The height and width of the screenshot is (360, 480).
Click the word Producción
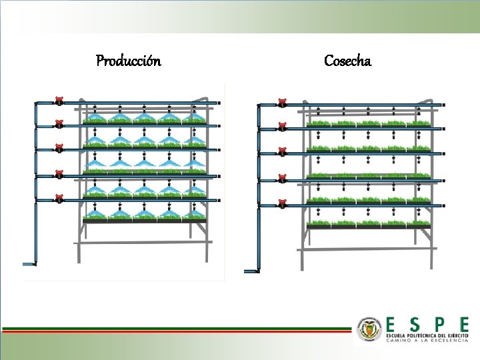click(128, 61)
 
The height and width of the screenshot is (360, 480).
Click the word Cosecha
click(347, 61)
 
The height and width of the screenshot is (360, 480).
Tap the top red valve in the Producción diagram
click(59, 101)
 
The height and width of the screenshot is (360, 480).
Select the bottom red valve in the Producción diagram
click(59, 198)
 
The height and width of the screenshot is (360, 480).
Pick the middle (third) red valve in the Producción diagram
click(59, 149)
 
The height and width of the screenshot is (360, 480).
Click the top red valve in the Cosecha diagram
click(282, 103)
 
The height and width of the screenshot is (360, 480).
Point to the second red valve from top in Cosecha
click(282, 127)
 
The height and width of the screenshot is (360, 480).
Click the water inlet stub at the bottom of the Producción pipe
click(29, 264)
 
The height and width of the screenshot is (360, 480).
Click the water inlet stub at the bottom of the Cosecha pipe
click(251, 271)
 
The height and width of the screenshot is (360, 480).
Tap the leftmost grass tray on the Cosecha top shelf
click(317, 123)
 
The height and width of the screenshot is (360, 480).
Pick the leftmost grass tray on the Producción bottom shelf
click(95, 216)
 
